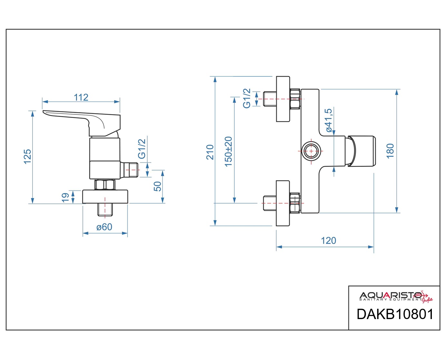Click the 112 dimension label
[81, 97]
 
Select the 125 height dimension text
[28, 157]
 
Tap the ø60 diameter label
[104, 227]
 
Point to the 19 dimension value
[65, 198]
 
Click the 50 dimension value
[158, 186]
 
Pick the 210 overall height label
[210, 152]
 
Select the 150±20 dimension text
[228, 152]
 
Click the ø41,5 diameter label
[329, 120]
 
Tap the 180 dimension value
[390, 151]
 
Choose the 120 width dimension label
[328, 240]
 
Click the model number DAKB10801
[395, 314]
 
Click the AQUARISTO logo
[396, 296]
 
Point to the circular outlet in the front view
[311, 151]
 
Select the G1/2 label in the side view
[142, 149]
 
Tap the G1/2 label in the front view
[247, 99]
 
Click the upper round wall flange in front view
[283, 99]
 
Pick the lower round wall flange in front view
[283, 203]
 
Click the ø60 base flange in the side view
[105, 197]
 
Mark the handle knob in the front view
[361, 151]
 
